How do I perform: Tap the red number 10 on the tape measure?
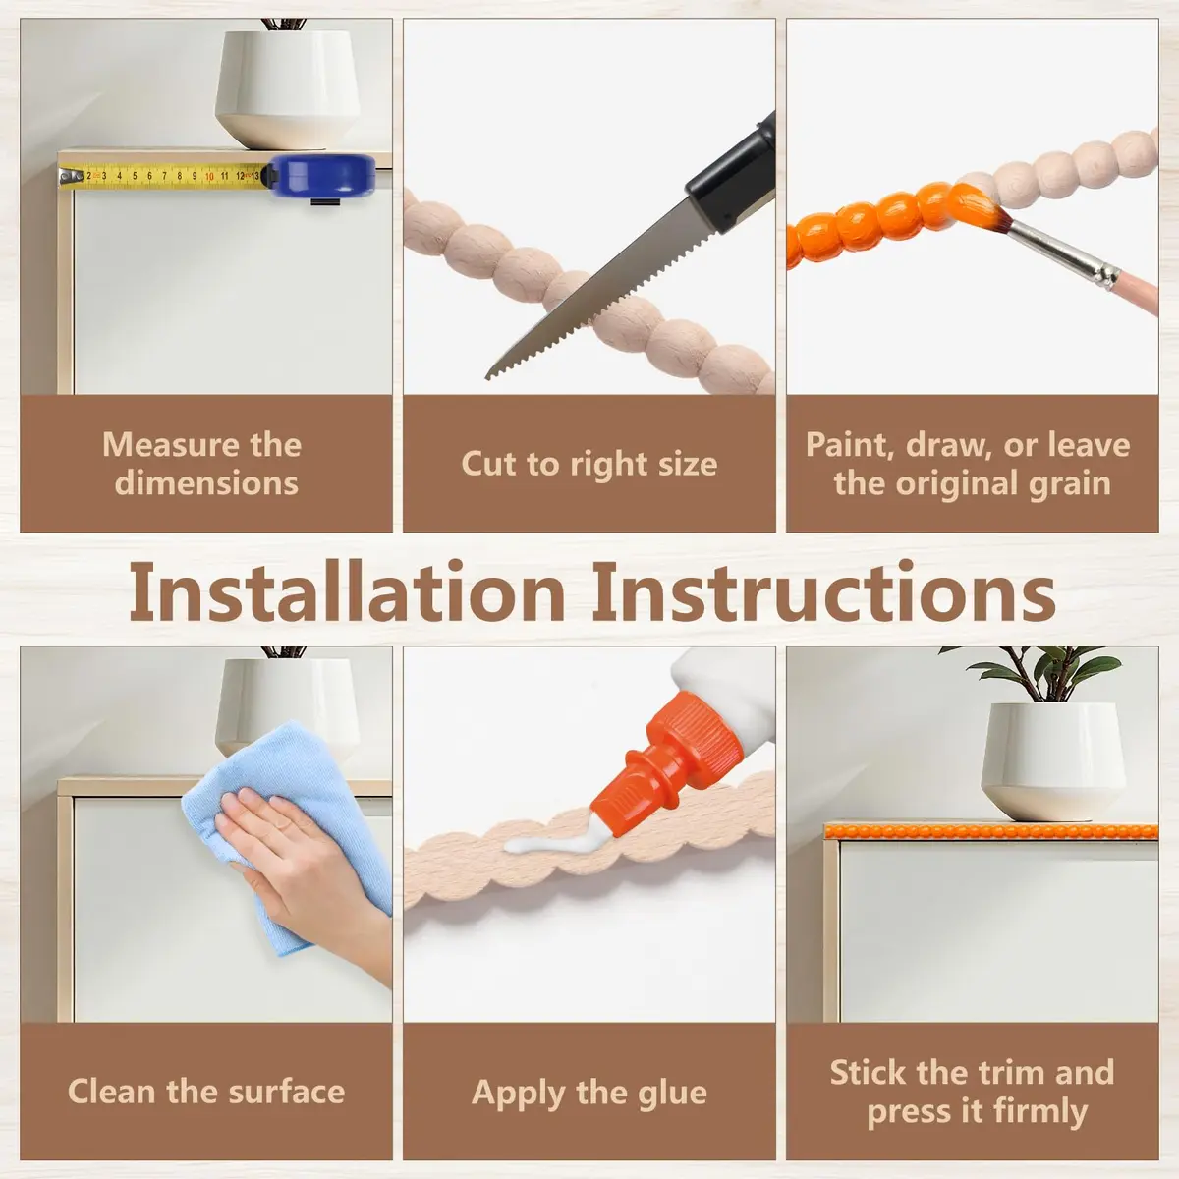pos(209,176)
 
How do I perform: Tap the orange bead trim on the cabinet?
pos(990,831)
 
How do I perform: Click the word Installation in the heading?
pos(347,593)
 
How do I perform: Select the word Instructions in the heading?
pos(823,593)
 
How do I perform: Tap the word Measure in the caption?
pos(169,444)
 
